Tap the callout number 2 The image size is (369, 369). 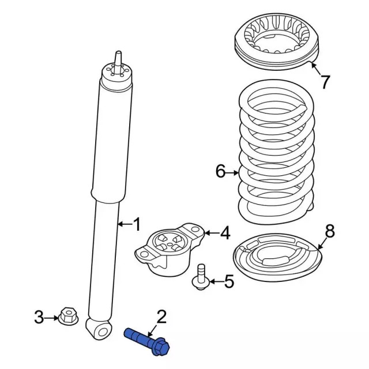pyautogui.click(x=161, y=317)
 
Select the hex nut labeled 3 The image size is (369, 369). pyautogui.click(x=68, y=316)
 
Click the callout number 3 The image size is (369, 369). pyautogui.click(x=39, y=317)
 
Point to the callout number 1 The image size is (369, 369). pyautogui.click(x=137, y=224)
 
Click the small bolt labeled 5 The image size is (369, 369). pyautogui.click(x=201, y=277)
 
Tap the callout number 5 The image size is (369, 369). pyautogui.click(x=229, y=281)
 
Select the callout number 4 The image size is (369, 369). pyautogui.click(x=225, y=233)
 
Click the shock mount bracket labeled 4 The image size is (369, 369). pyautogui.click(x=170, y=250)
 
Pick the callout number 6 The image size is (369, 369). pyautogui.click(x=221, y=171)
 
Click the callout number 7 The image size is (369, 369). pyautogui.click(x=325, y=82)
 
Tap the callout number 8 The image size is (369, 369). pyautogui.click(x=330, y=231)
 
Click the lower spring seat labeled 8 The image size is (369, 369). pyautogui.click(x=278, y=258)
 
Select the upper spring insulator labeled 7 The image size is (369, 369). pyautogui.click(x=277, y=42)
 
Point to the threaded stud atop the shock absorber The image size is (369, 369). pyautogui.click(x=118, y=62)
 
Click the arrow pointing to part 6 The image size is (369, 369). pyautogui.click(x=233, y=173)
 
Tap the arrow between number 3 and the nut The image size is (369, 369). pyautogui.click(x=51, y=318)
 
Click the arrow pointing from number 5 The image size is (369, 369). pyautogui.click(x=216, y=281)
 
